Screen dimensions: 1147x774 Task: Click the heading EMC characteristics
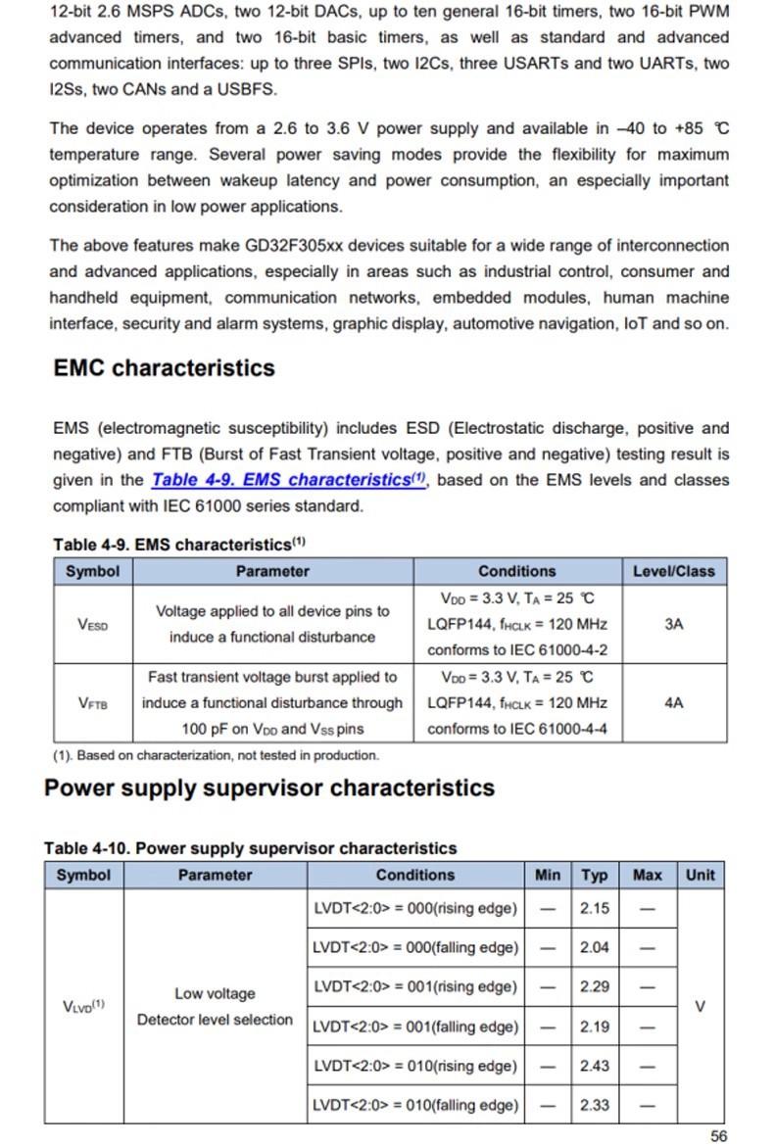pyautogui.click(x=164, y=368)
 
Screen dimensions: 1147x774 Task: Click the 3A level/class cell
pyautogui.click(x=673, y=624)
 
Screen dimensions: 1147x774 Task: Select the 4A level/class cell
pyautogui.click(x=673, y=702)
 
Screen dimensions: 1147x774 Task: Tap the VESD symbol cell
pyautogui.click(x=92, y=624)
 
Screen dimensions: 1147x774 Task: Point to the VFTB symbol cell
pyautogui.click(x=92, y=702)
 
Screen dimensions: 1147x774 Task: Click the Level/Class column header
pyautogui.click(x=673, y=571)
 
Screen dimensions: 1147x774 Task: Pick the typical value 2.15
pyautogui.click(x=594, y=908)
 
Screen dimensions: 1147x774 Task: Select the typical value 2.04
pyautogui.click(x=594, y=947)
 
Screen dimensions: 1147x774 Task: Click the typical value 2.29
pyautogui.click(x=594, y=986)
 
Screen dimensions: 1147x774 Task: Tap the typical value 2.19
pyautogui.click(x=594, y=1027)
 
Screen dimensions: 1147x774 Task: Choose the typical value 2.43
pyautogui.click(x=594, y=1066)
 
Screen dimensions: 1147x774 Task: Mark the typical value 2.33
pyautogui.click(x=594, y=1105)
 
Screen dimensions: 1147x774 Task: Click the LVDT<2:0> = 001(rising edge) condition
pyautogui.click(x=415, y=986)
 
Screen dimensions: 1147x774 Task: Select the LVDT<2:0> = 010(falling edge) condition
pyautogui.click(x=415, y=1105)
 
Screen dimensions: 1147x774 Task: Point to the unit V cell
pyautogui.click(x=700, y=1006)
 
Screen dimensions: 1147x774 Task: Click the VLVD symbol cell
pyautogui.click(x=83, y=1006)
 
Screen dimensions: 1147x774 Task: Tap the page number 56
pyautogui.click(x=718, y=1136)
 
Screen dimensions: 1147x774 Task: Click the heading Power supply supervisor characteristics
pyautogui.click(x=269, y=789)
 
